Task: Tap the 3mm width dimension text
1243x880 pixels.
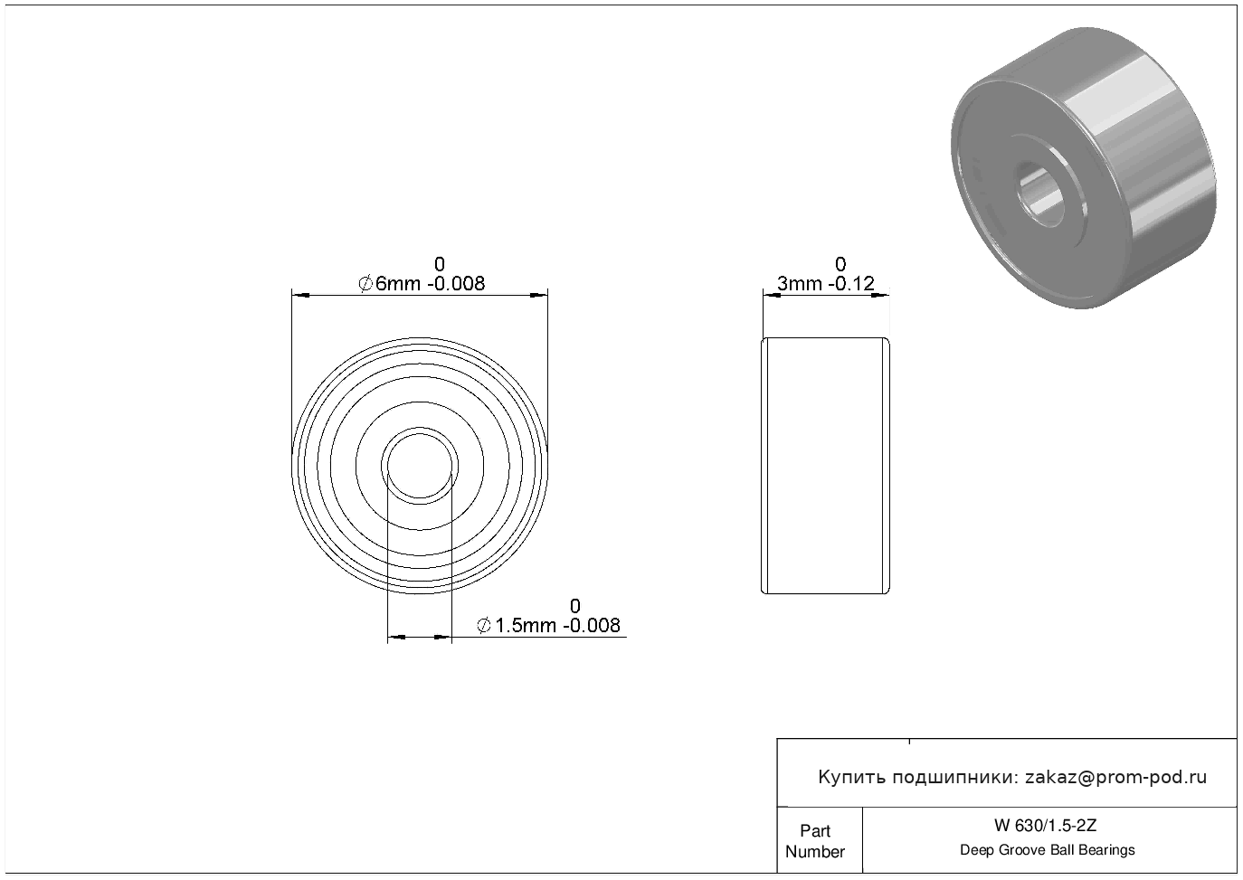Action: click(801, 283)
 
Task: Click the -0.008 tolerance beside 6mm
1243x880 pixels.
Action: click(456, 283)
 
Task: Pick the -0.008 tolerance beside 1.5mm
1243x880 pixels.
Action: click(592, 625)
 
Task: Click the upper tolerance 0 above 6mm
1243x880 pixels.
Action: click(440, 263)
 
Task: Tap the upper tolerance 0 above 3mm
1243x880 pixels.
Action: click(840, 263)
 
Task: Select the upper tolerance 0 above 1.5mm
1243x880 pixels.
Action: click(574, 605)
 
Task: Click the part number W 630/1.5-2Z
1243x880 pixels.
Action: click(1046, 826)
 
